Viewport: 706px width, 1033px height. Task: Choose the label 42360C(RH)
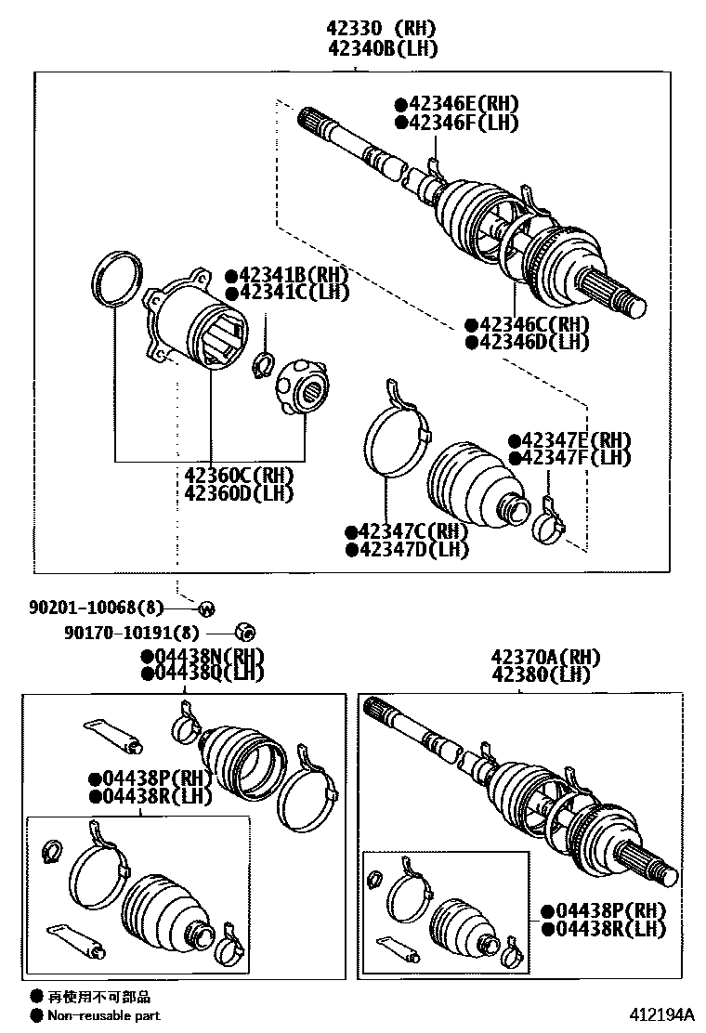click(239, 475)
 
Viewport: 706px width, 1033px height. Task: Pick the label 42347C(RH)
click(411, 531)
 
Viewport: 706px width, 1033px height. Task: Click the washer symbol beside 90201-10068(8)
click(206, 608)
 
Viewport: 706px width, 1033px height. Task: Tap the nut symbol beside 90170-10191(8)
click(244, 633)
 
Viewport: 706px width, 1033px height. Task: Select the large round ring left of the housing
click(116, 276)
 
